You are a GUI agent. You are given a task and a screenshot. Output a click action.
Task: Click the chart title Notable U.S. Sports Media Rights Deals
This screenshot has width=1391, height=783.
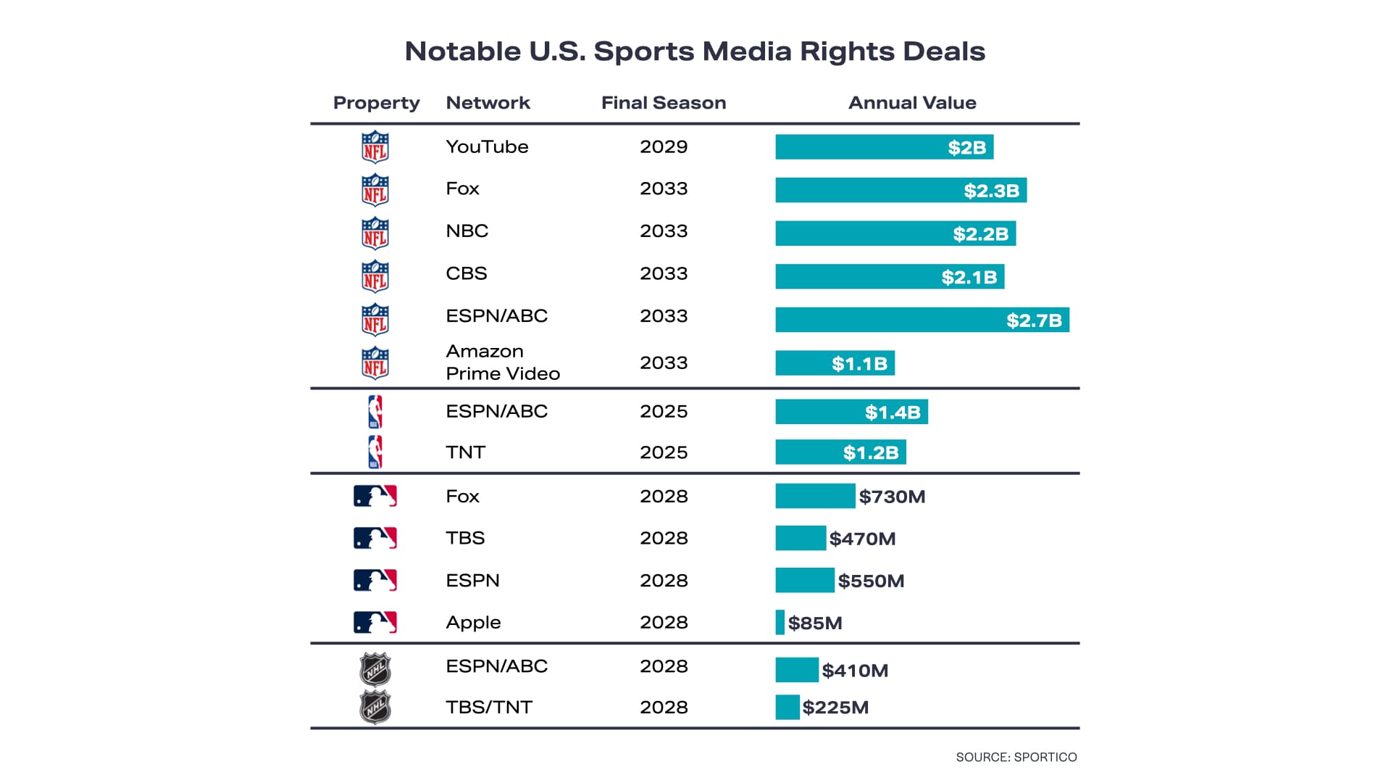pyautogui.click(x=695, y=51)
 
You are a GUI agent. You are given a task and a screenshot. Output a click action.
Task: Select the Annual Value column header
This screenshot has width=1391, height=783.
pyautogui.click(x=912, y=103)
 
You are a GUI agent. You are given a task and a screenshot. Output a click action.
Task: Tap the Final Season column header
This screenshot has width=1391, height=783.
pyautogui.click(x=663, y=103)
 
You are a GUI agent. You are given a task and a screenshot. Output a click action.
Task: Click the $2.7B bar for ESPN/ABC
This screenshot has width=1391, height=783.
pyautogui.click(x=922, y=320)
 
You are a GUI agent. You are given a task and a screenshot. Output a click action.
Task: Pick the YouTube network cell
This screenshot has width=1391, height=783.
pyautogui.click(x=487, y=146)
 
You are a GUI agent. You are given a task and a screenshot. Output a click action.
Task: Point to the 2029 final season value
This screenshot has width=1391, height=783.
pyautogui.click(x=663, y=146)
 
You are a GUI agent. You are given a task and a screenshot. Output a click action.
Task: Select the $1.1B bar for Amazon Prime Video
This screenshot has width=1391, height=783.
pyautogui.click(x=835, y=363)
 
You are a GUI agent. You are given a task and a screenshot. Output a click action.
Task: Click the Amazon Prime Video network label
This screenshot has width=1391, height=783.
pyautogui.click(x=502, y=362)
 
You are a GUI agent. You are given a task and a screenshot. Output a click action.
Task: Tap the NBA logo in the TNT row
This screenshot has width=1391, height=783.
pyautogui.click(x=375, y=452)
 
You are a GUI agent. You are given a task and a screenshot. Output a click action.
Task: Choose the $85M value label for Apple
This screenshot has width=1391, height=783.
pyautogui.click(x=815, y=623)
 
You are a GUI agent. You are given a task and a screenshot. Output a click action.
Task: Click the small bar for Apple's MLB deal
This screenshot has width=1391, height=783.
pyautogui.click(x=780, y=623)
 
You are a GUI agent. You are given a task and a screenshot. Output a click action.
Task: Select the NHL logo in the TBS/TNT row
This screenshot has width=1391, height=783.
pyautogui.click(x=375, y=708)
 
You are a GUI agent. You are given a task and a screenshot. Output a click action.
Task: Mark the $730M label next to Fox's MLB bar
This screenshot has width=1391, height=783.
pyautogui.click(x=892, y=497)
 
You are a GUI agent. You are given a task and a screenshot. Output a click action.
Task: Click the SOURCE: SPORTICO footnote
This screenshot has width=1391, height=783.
pyautogui.click(x=1016, y=757)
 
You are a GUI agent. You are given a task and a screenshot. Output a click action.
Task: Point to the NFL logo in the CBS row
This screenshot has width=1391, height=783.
pyautogui.click(x=375, y=276)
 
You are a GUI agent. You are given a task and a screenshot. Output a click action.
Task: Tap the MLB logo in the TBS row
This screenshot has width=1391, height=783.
pyautogui.click(x=375, y=538)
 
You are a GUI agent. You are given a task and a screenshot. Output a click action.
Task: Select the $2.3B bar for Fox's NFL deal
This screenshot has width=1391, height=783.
pyautogui.click(x=901, y=190)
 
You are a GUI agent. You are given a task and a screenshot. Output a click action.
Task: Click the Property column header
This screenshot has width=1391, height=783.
pyautogui.click(x=376, y=103)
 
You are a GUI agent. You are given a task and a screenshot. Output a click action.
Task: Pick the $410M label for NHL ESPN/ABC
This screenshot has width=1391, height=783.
pyautogui.click(x=855, y=671)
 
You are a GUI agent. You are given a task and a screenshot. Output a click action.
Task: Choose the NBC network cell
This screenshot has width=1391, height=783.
pyautogui.click(x=467, y=231)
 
